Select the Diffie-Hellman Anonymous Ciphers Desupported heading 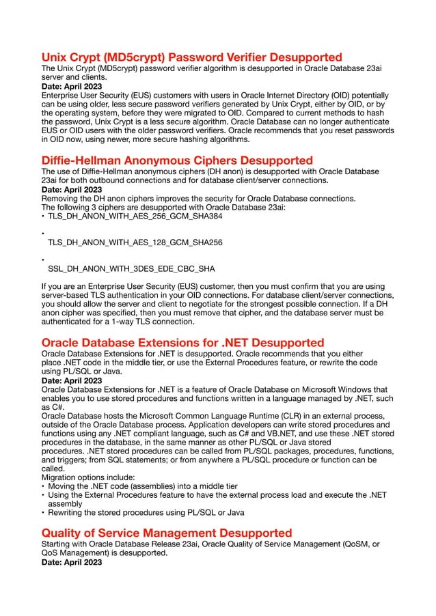click(177, 160)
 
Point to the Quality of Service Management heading click(167, 532)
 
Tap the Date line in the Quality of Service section click(72, 562)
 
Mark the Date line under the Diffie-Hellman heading click(72, 190)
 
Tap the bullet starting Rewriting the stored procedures click(146, 512)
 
